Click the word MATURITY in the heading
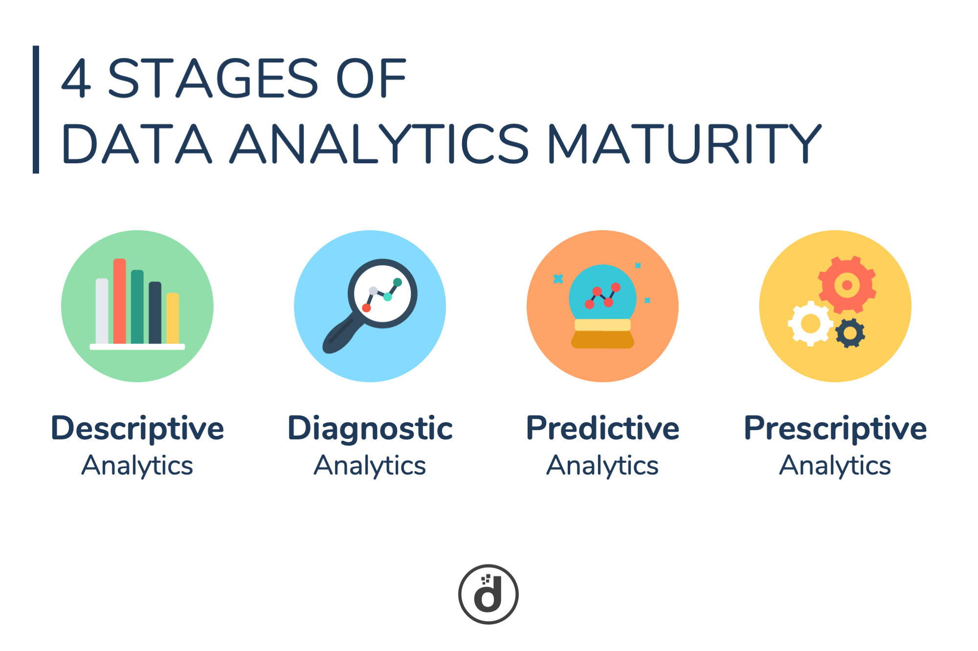coord(684,143)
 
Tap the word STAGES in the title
coord(213,78)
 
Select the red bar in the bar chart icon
coord(120,301)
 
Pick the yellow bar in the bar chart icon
coord(173,318)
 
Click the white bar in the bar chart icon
coord(102,311)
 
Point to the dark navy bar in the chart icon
coord(155,313)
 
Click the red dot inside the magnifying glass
coord(366,308)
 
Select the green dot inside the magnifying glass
coord(398,282)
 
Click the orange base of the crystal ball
coord(602,339)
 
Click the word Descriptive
coord(137,429)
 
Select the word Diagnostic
coord(370,429)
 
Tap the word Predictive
coord(602,428)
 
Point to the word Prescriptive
coord(835,429)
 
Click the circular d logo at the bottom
coord(488,594)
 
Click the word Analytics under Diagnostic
coord(370,466)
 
